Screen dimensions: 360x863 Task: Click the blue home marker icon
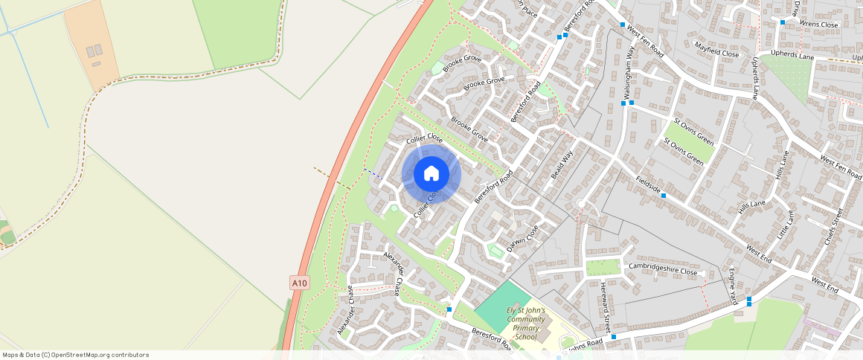(431, 174)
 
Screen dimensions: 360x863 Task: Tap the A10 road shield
(299, 283)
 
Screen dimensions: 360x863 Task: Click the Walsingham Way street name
(629, 71)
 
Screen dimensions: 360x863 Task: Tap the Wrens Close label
(818, 25)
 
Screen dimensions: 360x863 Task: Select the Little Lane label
(786, 224)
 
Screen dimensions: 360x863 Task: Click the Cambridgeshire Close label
(663, 269)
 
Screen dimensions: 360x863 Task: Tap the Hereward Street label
(605, 306)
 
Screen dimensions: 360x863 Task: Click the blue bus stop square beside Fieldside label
(664, 196)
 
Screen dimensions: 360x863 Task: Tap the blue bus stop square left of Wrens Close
(782, 22)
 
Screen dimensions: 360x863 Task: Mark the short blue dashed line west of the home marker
(372, 173)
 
